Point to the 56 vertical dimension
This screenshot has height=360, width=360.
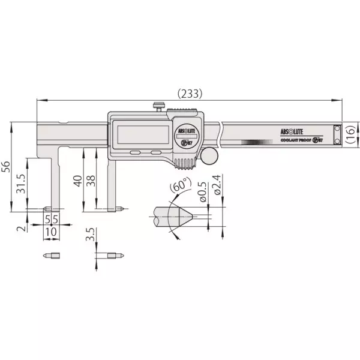[x=7, y=166]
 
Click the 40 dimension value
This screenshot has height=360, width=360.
[x=77, y=181]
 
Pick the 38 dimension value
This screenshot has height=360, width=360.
[x=91, y=181]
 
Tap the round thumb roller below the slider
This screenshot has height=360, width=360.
[x=209, y=156]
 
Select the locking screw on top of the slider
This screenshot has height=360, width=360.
[x=158, y=107]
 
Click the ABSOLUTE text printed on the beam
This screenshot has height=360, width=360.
[x=293, y=130]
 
